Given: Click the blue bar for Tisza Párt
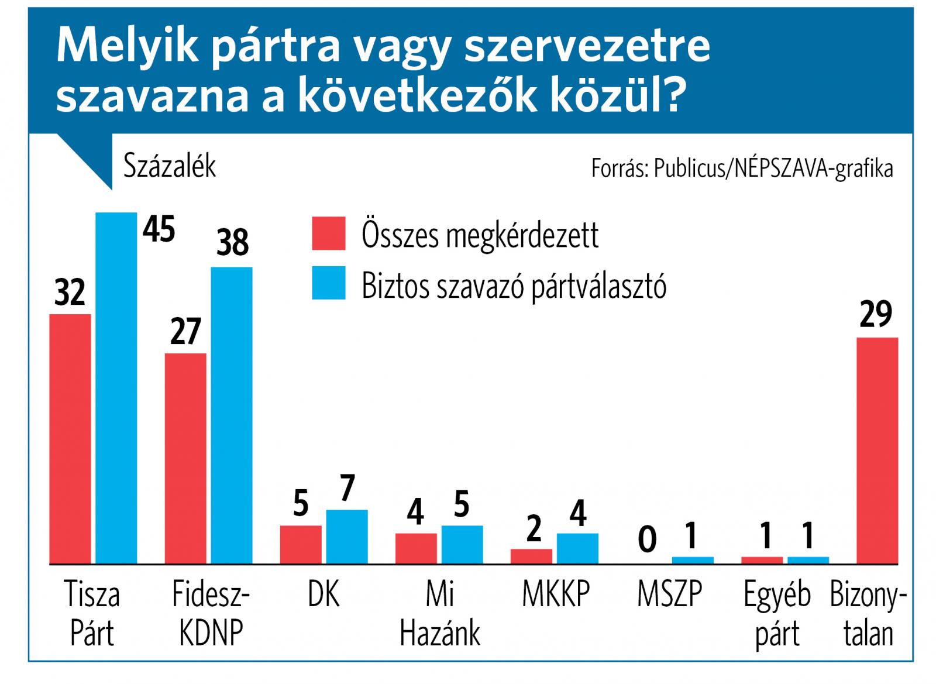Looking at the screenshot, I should tap(116, 387).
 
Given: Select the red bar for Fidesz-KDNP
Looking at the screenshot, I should tap(185, 458).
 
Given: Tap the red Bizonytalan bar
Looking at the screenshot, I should tap(877, 451).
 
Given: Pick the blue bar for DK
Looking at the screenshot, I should tap(347, 537).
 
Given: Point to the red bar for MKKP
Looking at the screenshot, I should tap(531, 556).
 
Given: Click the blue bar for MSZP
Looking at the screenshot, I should tap(693, 560).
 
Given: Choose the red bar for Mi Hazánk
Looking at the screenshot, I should tap(416, 548).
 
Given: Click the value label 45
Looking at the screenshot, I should tap(159, 229).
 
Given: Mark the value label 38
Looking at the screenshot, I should tap(232, 242).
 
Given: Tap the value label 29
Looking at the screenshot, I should tap(876, 314).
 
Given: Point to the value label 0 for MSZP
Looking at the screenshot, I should tap(647, 539).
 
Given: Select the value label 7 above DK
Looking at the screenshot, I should tap(347, 488).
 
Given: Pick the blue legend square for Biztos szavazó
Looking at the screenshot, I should tap(328, 284).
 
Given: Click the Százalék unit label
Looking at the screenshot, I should tap(170, 167).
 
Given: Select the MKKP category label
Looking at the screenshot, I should tap(555, 594).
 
